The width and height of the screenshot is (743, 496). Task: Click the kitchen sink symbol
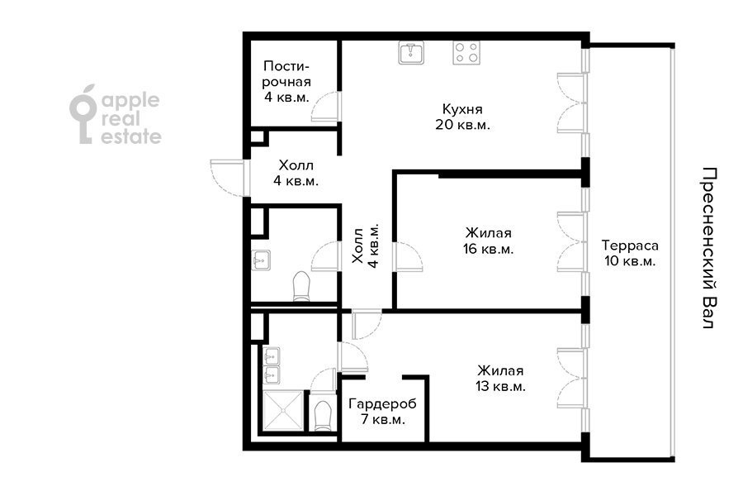pyautogui.click(x=411, y=54)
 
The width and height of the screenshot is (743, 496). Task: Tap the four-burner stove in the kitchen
pyautogui.click(x=466, y=54)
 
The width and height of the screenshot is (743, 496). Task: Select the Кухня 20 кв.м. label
pyautogui.click(x=462, y=117)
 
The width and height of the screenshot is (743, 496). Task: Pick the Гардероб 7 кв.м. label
pyautogui.click(x=382, y=412)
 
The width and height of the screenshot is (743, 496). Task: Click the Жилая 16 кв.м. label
pyautogui.click(x=488, y=241)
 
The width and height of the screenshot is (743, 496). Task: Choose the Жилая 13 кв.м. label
pyautogui.click(x=499, y=379)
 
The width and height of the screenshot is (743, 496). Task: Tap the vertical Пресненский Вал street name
pyautogui.click(x=707, y=248)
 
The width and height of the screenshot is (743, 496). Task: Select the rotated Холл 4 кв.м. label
pyautogui.click(x=365, y=246)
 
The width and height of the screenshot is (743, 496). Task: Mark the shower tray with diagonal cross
pyautogui.click(x=282, y=412)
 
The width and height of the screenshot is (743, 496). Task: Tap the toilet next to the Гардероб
pyautogui.click(x=323, y=413)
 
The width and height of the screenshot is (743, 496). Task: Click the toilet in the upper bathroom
pyautogui.click(x=301, y=286)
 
